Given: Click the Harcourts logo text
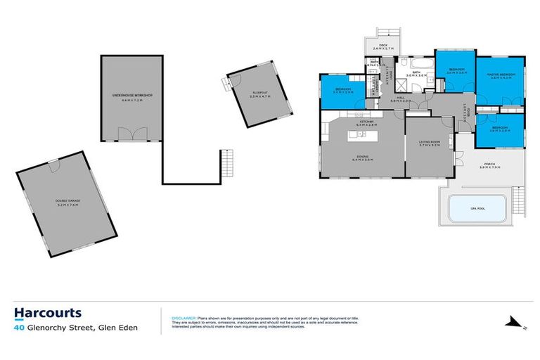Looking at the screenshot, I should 48,313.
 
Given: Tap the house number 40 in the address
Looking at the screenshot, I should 19,327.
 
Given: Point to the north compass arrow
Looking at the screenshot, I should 512,324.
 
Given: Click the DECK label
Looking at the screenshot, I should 383,46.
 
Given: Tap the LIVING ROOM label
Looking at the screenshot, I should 429,143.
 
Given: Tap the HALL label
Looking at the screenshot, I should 401,98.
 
